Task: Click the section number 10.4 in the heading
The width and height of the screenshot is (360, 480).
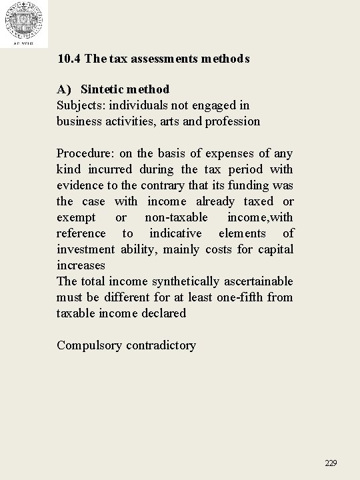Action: click(69, 59)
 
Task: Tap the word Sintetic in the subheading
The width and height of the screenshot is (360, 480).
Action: click(103, 89)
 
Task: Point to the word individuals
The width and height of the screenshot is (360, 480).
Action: click(140, 105)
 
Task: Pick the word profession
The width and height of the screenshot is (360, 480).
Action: click(233, 121)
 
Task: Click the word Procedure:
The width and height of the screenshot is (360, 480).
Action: click(85, 153)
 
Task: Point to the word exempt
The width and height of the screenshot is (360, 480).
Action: click(76, 217)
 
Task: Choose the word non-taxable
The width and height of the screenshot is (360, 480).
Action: click(177, 217)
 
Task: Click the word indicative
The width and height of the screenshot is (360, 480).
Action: click(175, 233)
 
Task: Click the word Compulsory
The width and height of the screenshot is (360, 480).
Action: click(89, 345)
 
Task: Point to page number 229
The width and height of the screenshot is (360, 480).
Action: click(331, 463)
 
